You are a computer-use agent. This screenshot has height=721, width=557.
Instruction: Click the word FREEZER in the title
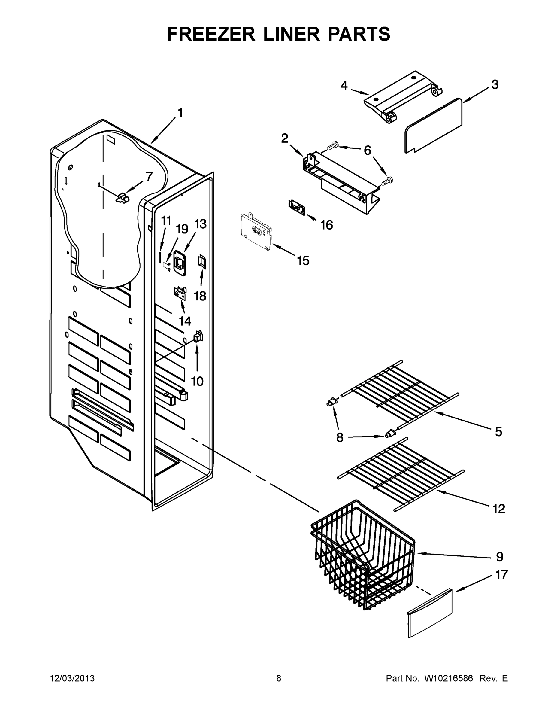[x=211, y=34]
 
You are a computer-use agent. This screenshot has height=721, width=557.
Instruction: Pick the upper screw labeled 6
[x=334, y=145]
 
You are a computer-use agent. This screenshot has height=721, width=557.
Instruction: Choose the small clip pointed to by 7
[x=123, y=198]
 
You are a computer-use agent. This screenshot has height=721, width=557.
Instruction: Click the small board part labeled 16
[x=297, y=208]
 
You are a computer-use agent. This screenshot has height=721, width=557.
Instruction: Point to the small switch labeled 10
[x=198, y=337]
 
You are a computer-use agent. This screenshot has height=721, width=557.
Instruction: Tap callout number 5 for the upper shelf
[x=498, y=431]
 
